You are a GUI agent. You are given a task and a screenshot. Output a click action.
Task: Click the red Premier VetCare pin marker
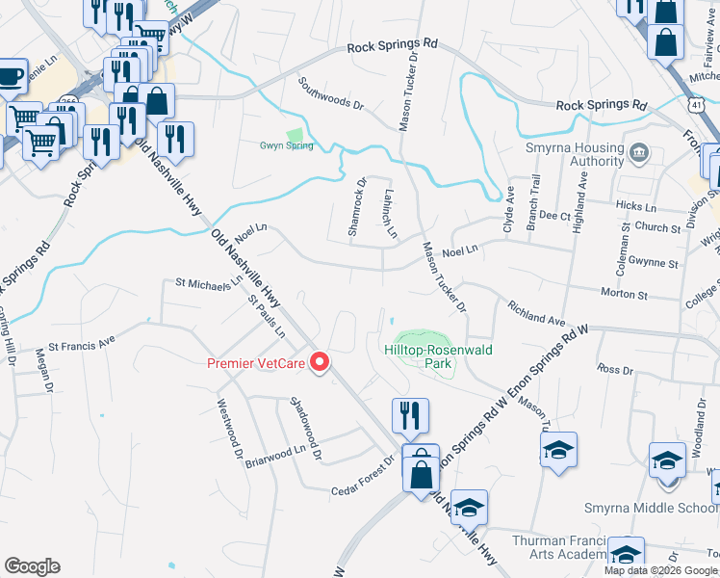click(x=321, y=363)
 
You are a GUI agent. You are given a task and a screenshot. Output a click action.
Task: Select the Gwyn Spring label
click(x=286, y=145)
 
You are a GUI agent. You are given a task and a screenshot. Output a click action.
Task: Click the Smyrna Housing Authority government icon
click(x=639, y=152)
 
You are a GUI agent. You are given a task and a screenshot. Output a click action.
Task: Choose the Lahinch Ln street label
click(x=391, y=213)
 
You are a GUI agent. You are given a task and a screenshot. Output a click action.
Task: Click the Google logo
click(x=32, y=566)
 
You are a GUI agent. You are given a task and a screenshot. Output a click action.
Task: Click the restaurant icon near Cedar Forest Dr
click(x=410, y=414)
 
